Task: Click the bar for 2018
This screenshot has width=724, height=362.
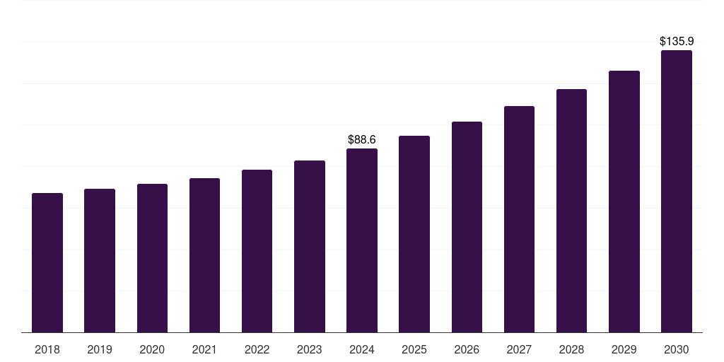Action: coord(47,262)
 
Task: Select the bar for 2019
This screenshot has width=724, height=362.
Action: coord(100,260)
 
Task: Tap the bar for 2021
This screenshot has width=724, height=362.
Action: coord(204,255)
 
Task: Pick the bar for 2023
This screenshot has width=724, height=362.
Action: coord(310,246)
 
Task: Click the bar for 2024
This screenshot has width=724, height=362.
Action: coord(362,240)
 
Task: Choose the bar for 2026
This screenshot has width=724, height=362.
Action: coord(467,227)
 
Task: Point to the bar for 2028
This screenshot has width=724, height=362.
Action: coord(571,211)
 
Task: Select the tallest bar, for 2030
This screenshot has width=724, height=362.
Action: coord(676,191)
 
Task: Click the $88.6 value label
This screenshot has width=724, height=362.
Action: coord(362,140)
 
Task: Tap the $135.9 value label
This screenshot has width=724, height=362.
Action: coord(676,42)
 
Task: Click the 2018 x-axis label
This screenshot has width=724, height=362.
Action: coord(47,350)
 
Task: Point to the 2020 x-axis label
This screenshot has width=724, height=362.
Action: coord(152,350)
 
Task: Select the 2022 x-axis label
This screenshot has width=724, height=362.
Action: coord(257,350)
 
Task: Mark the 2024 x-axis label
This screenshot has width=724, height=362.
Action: coord(362,350)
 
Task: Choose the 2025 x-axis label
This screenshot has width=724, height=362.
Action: coord(414,350)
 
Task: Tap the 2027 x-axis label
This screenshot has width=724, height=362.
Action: coord(519,350)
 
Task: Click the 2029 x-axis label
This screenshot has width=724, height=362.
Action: coord(624,350)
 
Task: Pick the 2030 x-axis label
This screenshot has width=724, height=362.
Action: coord(676,350)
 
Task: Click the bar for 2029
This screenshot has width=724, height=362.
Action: coord(624,202)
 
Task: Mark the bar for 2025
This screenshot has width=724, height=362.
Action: coord(414,234)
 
